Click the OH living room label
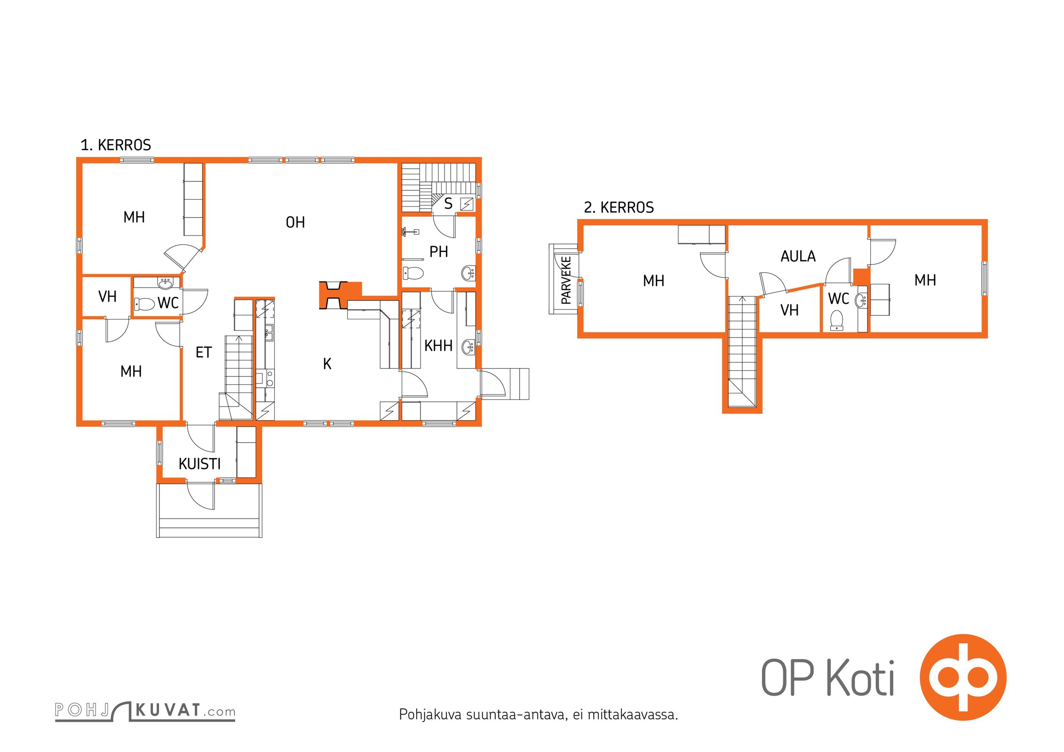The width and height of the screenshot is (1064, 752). [x=295, y=222]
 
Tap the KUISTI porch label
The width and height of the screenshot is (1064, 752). [x=199, y=464]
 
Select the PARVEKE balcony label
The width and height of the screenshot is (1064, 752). [x=566, y=280]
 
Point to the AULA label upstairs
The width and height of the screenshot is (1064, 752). [x=798, y=256]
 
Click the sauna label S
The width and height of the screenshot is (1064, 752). [x=448, y=204]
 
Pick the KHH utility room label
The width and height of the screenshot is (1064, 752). [x=438, y=345]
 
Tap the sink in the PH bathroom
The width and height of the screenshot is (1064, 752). [x=468, y=273]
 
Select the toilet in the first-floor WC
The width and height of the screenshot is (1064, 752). [x=144, y=304]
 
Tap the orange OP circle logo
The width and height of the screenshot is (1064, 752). [x=963, y=677]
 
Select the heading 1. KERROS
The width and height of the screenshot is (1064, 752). [x=116, y=145]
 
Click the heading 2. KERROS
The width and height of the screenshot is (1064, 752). [x=619, y=207]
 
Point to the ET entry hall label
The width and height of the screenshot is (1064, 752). [x=204, y=352]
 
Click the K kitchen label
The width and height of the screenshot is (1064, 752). [x=327, y=363]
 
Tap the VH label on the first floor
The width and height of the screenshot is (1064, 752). [x=107, y=297]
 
